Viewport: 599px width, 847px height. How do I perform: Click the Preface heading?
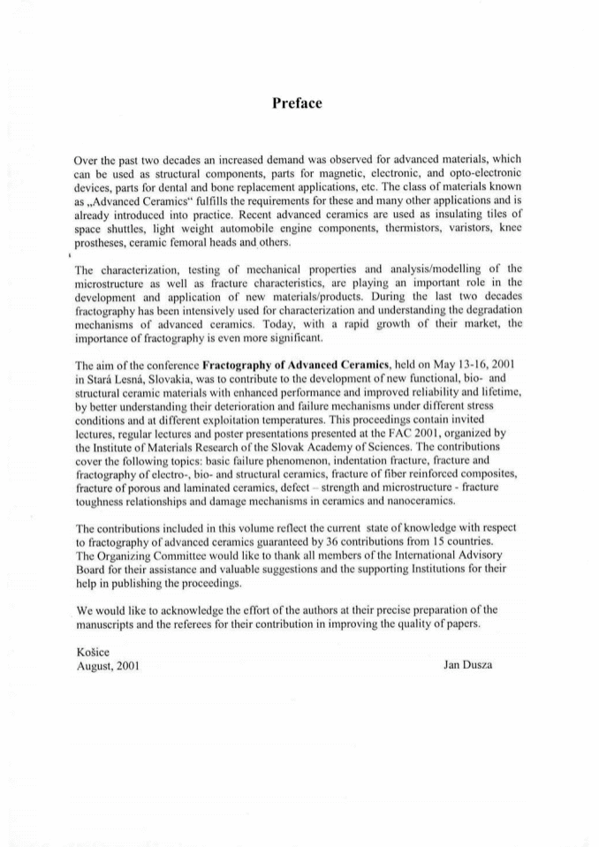tap(298, 103)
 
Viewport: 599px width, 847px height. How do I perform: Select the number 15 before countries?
tap(457, 540)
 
